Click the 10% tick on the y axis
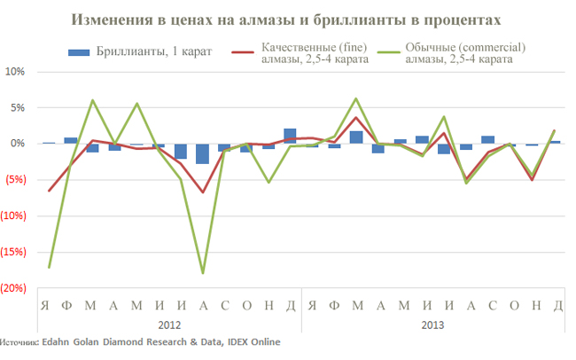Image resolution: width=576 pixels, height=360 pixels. click(x=17, y=71)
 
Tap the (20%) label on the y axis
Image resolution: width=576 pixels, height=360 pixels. click(x=15, y=288)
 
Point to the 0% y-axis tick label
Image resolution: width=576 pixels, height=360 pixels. click(x=19, y=143)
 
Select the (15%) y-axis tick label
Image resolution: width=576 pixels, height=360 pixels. click(x=15, y=252)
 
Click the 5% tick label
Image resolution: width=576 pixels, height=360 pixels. click(x=19, y=107)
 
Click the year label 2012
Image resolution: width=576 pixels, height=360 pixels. click(x=170, y=325)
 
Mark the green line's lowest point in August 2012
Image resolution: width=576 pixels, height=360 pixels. click(x=203, y=273)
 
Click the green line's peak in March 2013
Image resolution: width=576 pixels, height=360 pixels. click(x=356, y=98)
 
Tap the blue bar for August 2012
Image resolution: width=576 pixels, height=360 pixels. click(x=203, y=153)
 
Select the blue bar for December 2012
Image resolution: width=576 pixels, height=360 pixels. click(x=291, y=136)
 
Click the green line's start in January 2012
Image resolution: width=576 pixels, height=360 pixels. click(x=49, y=267)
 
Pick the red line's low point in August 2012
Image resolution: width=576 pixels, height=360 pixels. click(x=203, y=192)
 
